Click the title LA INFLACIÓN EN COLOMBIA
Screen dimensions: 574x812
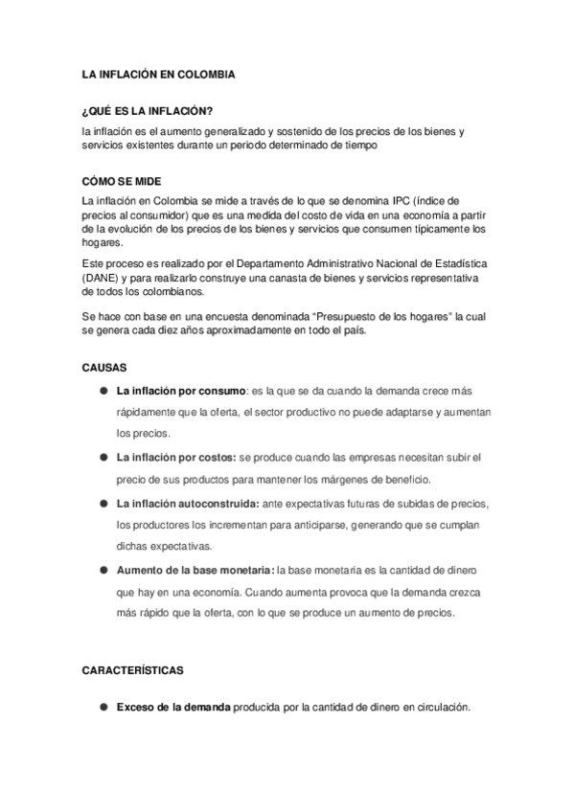[x=159, y=74]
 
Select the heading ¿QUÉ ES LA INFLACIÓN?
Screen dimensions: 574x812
[x=147, y=112]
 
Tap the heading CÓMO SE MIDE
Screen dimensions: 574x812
[x=122, y=182]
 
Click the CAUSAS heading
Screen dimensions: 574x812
[x=103, y=367]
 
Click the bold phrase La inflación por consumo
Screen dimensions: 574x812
[x=179, y=391]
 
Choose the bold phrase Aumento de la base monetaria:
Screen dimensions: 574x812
[x=195, y=571]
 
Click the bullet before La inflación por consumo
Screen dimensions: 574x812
[x=102, y=391]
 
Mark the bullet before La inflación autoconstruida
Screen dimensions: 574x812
[x=102, y=503]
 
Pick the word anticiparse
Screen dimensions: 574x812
[x=326, y=526]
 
